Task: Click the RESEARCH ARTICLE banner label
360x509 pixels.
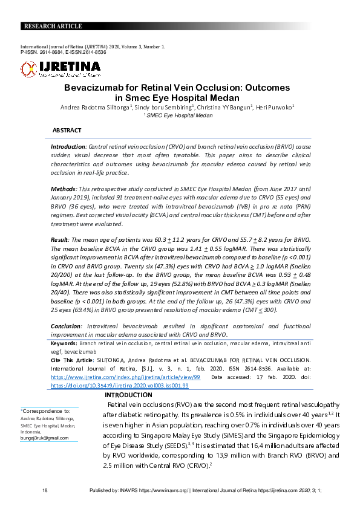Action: click(52, 26)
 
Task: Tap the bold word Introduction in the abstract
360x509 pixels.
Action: click(68, 147)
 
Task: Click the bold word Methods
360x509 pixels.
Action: click(64, 189)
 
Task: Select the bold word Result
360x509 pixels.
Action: click(61, 240)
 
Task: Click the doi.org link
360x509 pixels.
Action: click(120, 384)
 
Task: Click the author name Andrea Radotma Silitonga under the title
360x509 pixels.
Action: click(95, 107)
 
